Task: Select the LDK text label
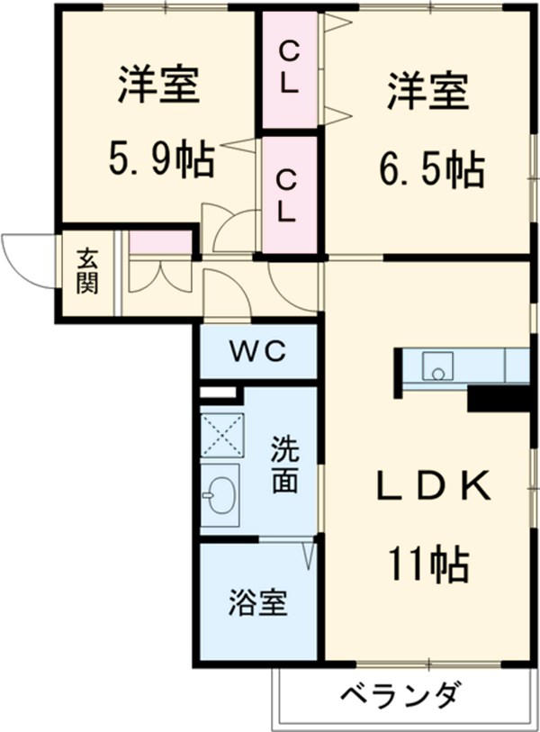point(431,487)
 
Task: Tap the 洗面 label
point(284,465)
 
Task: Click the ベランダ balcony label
point(401,695)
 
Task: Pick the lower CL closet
point(288,195)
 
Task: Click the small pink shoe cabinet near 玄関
point(160,242)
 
